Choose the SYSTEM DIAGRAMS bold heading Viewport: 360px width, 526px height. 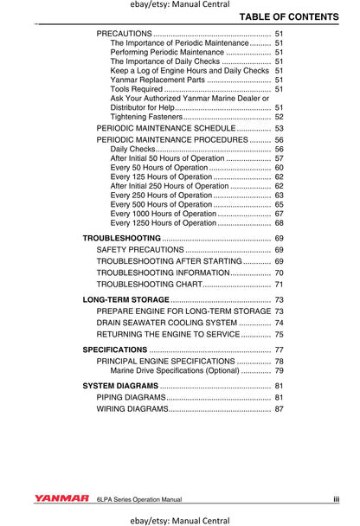[120, 385]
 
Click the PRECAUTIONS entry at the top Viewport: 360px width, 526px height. [125, 33]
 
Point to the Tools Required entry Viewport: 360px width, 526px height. [137, 89]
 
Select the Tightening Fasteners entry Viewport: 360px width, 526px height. [146, 117]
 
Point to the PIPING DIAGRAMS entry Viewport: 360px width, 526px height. [131, 397]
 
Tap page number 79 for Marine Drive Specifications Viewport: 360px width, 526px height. [279, 371]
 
